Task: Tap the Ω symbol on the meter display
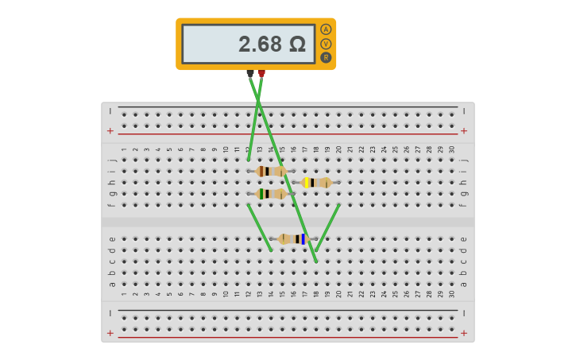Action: pos(297,45)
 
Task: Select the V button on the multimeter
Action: pos(326,44)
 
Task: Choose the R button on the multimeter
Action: pos(326,57)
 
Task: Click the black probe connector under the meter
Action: pos(250,73)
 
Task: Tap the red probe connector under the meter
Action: pos(261,74)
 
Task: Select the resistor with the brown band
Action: pos(272,171)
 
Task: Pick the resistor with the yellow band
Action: pos(317,183)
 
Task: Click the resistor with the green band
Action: pos(272,194)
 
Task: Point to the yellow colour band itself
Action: pos(306,183)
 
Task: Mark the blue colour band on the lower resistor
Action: pos(303,239)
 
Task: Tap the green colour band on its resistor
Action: pos(261,194)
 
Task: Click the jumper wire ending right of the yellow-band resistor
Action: pos(327,228)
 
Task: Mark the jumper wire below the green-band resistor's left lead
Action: pos(260,227)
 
